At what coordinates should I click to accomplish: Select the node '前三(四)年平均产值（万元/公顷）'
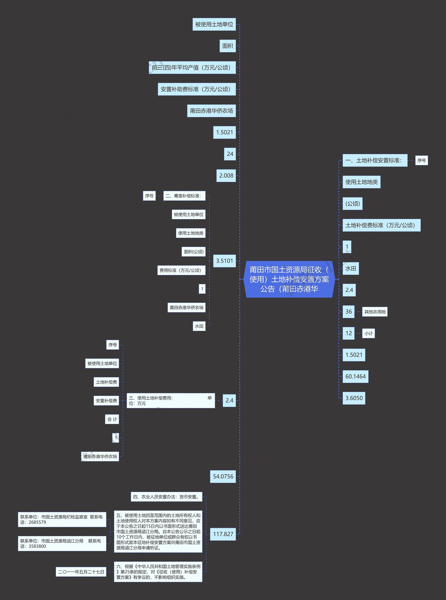[192, 67]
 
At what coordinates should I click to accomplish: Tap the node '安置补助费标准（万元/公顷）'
[197, 89]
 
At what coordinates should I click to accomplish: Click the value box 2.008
[226, 175]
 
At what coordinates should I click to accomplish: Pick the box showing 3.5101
[224, 261]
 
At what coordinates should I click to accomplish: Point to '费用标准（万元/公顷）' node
[181, 270]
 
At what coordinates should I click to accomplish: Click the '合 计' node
[112, 419]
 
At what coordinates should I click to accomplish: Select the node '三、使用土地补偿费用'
[171, 401]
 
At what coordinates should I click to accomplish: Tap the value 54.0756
[223, 476]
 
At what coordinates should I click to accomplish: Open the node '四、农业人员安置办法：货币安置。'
[166, 497]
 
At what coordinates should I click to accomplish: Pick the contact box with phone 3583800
[62, 544]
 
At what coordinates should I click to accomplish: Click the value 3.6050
[354, 398]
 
